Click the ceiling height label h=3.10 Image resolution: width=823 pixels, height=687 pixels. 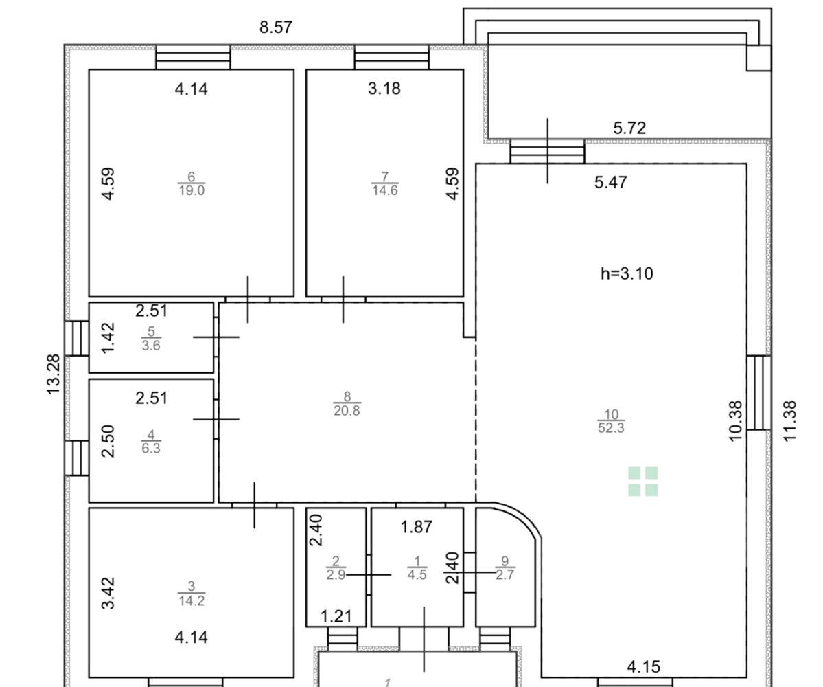627,273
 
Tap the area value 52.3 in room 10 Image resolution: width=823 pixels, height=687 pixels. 611,428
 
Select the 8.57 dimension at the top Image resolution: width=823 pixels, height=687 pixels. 275,27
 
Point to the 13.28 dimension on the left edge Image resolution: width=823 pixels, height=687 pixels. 54,374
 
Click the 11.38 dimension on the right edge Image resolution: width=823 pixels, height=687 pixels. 789,420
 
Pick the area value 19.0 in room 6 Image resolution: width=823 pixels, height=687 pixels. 191,191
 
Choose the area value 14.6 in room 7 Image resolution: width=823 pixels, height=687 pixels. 385,191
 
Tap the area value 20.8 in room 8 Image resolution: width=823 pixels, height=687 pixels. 347,411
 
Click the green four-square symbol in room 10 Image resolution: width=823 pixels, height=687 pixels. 643,481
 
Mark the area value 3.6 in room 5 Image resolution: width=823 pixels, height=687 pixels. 150,346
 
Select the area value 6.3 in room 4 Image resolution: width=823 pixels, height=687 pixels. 150,449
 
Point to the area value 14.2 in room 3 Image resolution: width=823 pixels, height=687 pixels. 191,600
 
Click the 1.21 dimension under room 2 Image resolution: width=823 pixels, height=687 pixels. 336,616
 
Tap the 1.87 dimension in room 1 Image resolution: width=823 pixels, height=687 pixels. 416,527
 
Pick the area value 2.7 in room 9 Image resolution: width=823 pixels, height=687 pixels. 505,574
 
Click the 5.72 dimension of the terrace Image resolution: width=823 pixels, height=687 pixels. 629,128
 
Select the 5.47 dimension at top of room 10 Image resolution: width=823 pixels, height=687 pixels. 610,182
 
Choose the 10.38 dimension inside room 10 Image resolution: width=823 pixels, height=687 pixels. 737,420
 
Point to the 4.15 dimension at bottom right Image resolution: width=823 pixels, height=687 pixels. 643,667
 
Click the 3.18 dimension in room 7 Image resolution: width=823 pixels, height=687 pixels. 384,88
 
